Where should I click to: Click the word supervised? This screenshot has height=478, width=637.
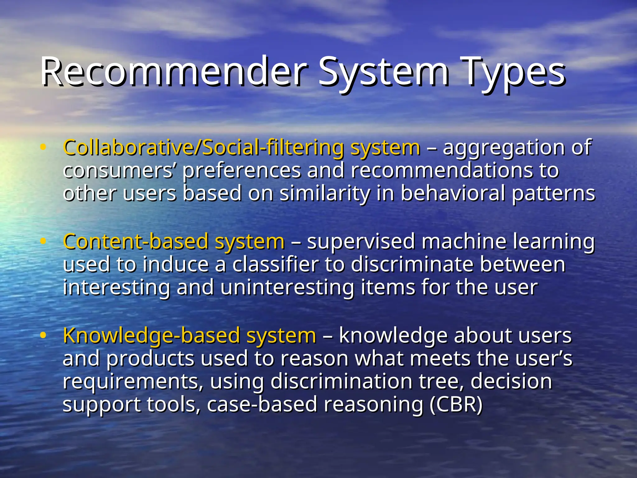point(361,241)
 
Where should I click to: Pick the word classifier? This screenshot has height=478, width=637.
point(276,264)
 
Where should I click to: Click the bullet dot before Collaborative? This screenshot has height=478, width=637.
point(43,147)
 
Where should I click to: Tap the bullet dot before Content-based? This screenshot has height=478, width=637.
point(43,241)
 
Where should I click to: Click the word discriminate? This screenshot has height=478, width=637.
point(412,264)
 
